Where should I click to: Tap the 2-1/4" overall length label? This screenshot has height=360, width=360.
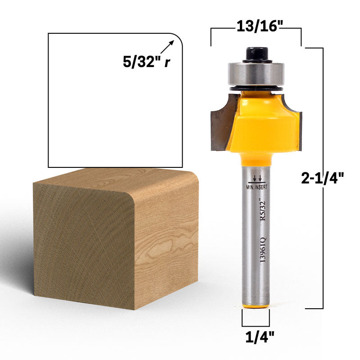[x=322, y=178]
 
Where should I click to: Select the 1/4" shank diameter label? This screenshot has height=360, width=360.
[x=260, y=337]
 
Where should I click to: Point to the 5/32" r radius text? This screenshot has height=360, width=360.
[x=147, y=62]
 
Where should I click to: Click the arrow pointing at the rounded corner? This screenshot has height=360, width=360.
[x=167, y=47]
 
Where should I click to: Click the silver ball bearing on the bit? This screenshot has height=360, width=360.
[x=256, y=74]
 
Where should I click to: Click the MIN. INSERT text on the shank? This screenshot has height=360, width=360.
[x=256, y=187]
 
